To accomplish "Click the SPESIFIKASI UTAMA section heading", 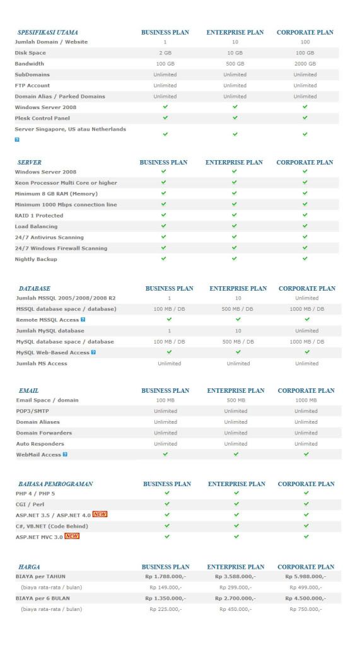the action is click(x=48, y=32).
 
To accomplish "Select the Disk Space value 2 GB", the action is click(x=165, y=53).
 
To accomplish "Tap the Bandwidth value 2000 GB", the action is click(x=305, y=64).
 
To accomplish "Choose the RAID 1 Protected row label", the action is click(x=40, y=216).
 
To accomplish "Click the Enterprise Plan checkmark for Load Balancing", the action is click(x=235, y=226).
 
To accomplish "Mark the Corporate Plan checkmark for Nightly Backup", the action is click(x=305, y=259).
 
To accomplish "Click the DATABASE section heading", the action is click(x=35, y=289).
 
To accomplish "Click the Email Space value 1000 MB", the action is click(x=306, y=400).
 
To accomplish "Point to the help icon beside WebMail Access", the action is click(x=64, y=454).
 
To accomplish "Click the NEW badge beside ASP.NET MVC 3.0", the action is click(x=71, y=537).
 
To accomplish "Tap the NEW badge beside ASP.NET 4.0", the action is click(x=100, y=514).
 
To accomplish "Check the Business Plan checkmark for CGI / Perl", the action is click(x=166, y=504).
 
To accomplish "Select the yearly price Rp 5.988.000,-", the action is click(x=305, y=577).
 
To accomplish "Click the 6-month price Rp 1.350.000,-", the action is click(x=166, y=598).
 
